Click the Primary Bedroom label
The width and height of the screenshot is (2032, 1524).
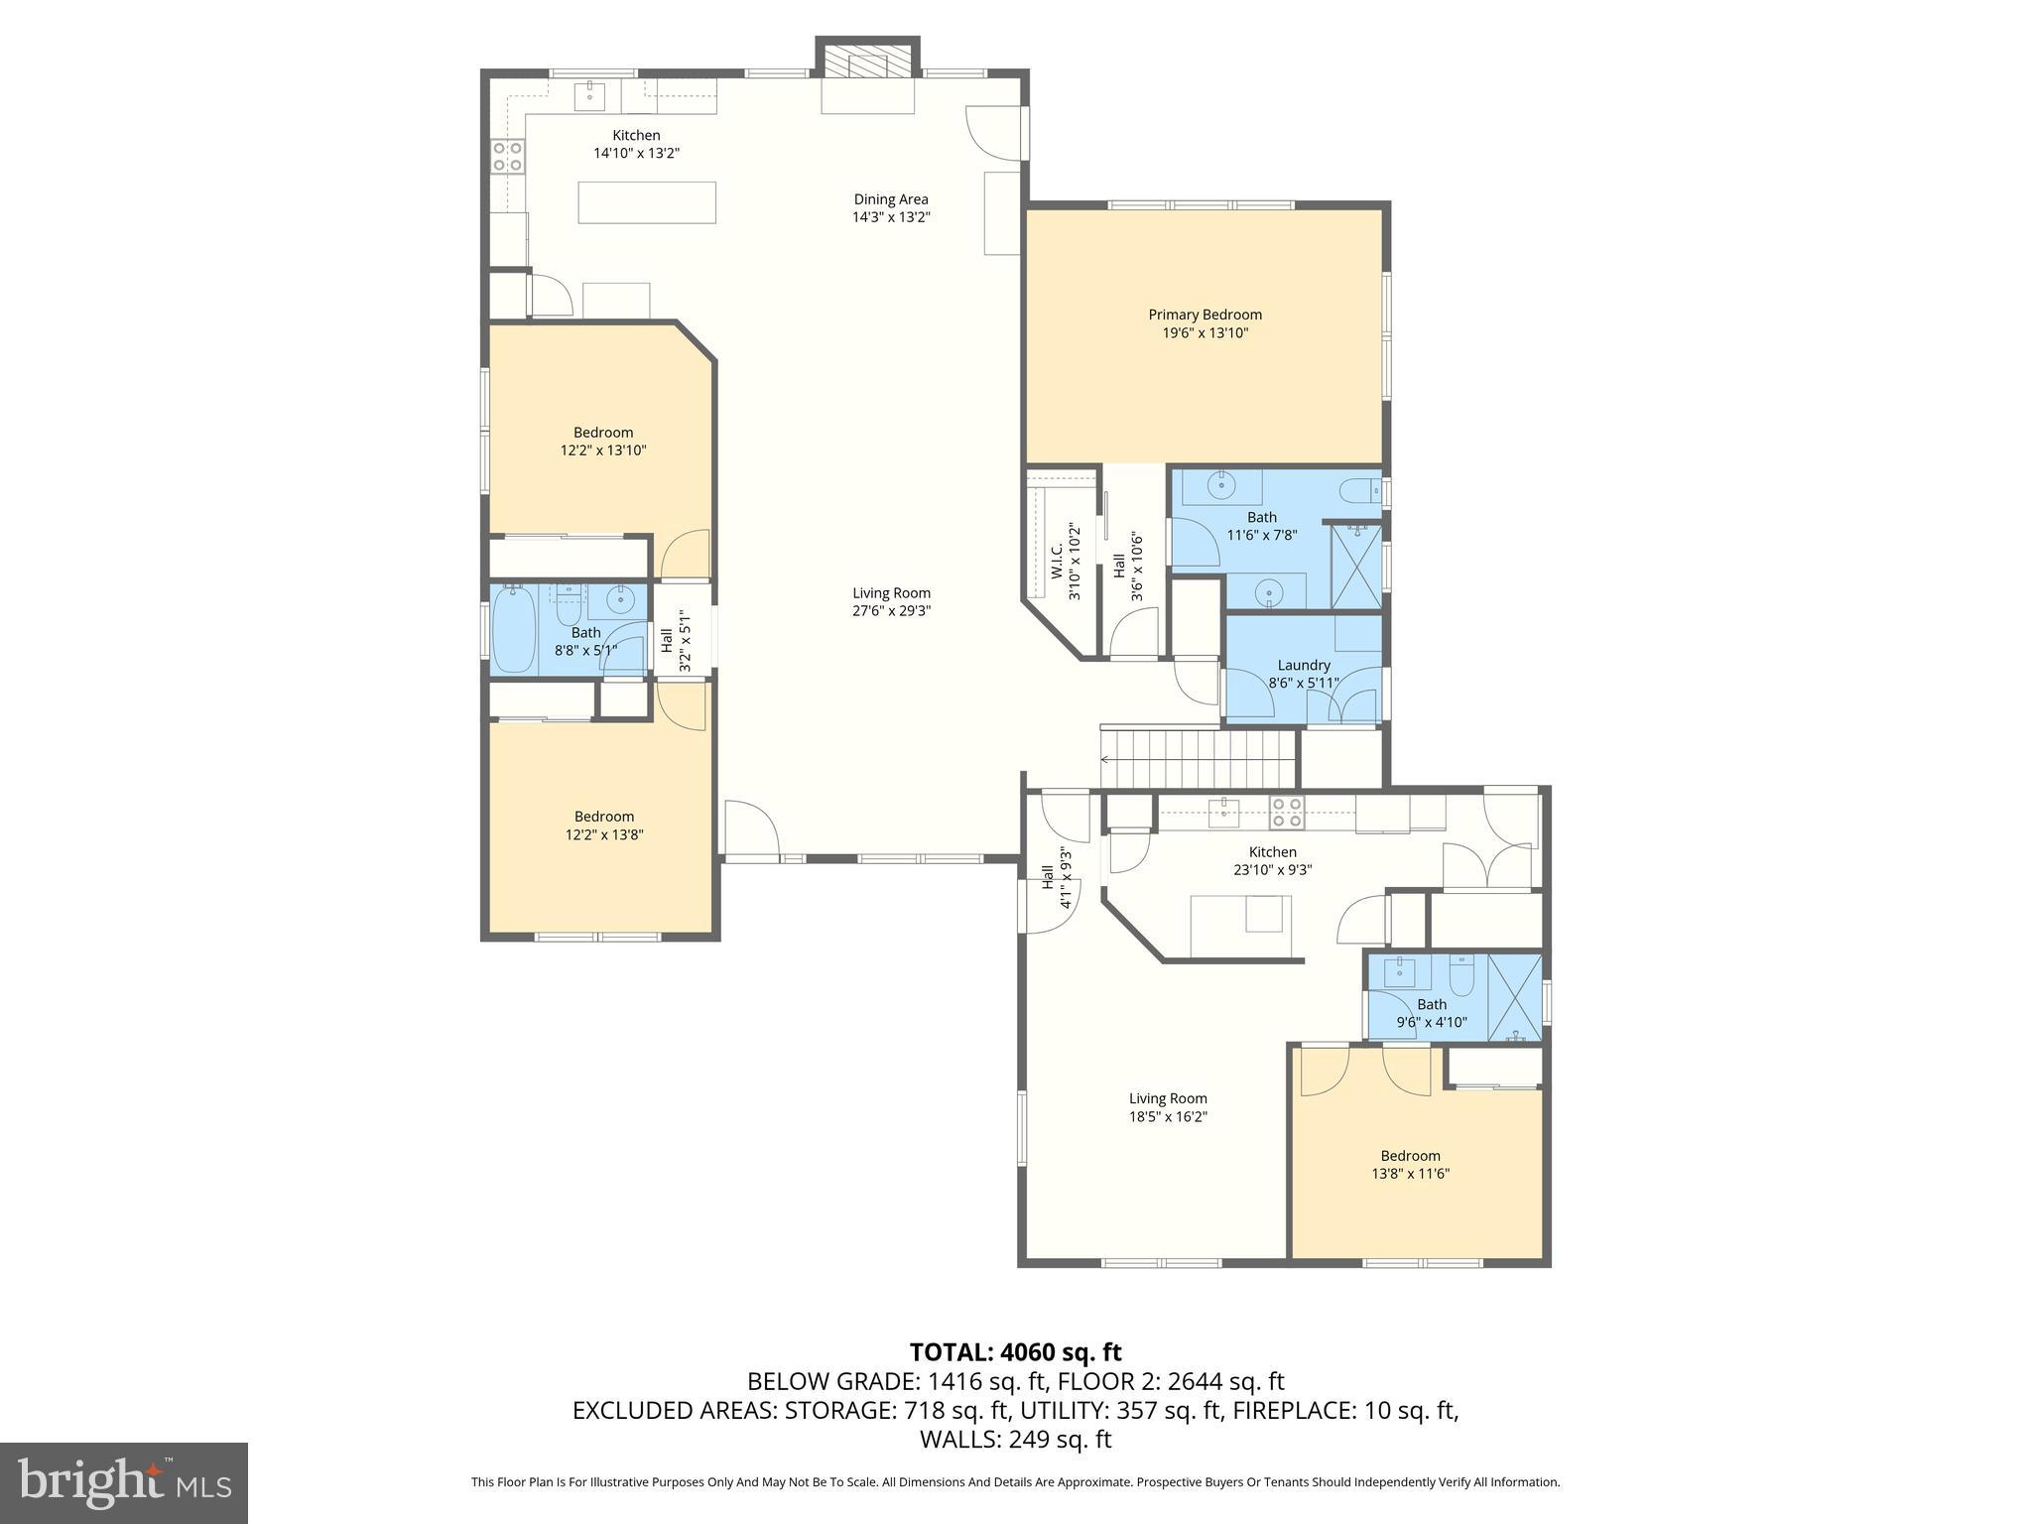[x=1205, y=315]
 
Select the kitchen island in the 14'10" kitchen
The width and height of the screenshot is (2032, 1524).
[x=647, y=202]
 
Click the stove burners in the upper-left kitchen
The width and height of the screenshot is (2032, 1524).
[x=508, y=157]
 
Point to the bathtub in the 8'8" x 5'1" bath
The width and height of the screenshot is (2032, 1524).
[x=514, y=630]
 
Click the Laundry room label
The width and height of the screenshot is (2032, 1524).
[x=1303, y=665]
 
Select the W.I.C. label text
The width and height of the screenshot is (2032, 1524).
[x=1058, y=561]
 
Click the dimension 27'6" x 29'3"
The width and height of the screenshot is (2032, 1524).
[x=891, y=611]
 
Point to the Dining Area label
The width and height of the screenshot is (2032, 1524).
[x=890, y=199]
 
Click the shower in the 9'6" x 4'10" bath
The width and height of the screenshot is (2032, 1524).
[x=1514, y=997]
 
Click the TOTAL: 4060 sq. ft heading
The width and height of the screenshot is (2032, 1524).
[x=1015, y=1351]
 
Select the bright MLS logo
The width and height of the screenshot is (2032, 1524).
[x=124, y=1483]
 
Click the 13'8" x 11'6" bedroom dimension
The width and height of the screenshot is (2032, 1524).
[x=1410, y=1174]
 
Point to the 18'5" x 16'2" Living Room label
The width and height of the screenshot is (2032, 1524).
[x=1167, y=1098]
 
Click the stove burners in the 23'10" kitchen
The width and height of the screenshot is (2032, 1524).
[x=1287, y=813]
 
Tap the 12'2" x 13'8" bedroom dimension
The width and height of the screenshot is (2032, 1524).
[x=604, y=835]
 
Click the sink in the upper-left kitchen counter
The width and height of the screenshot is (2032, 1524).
[x=590, y=95]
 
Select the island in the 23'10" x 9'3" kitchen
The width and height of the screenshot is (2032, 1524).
[x=1240, y=925]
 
